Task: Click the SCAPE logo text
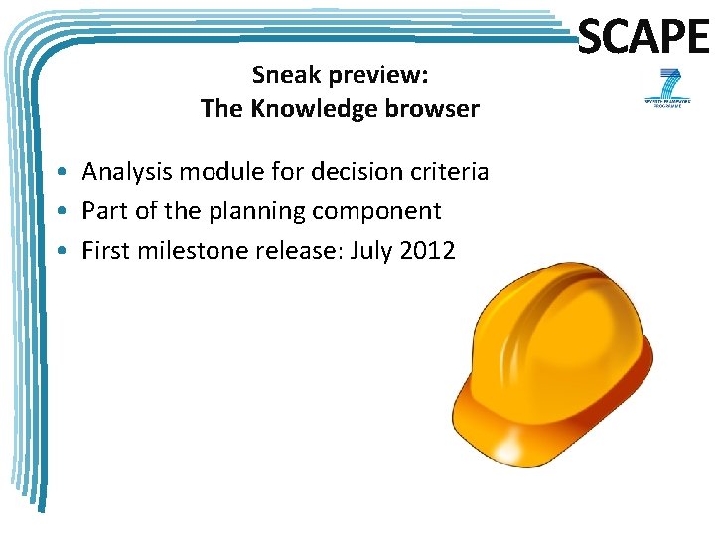(x=643, y=37)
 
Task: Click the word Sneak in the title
(x=285, y=74)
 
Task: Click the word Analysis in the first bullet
(x=121, y=172)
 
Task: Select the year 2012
(x=426, y=251)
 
